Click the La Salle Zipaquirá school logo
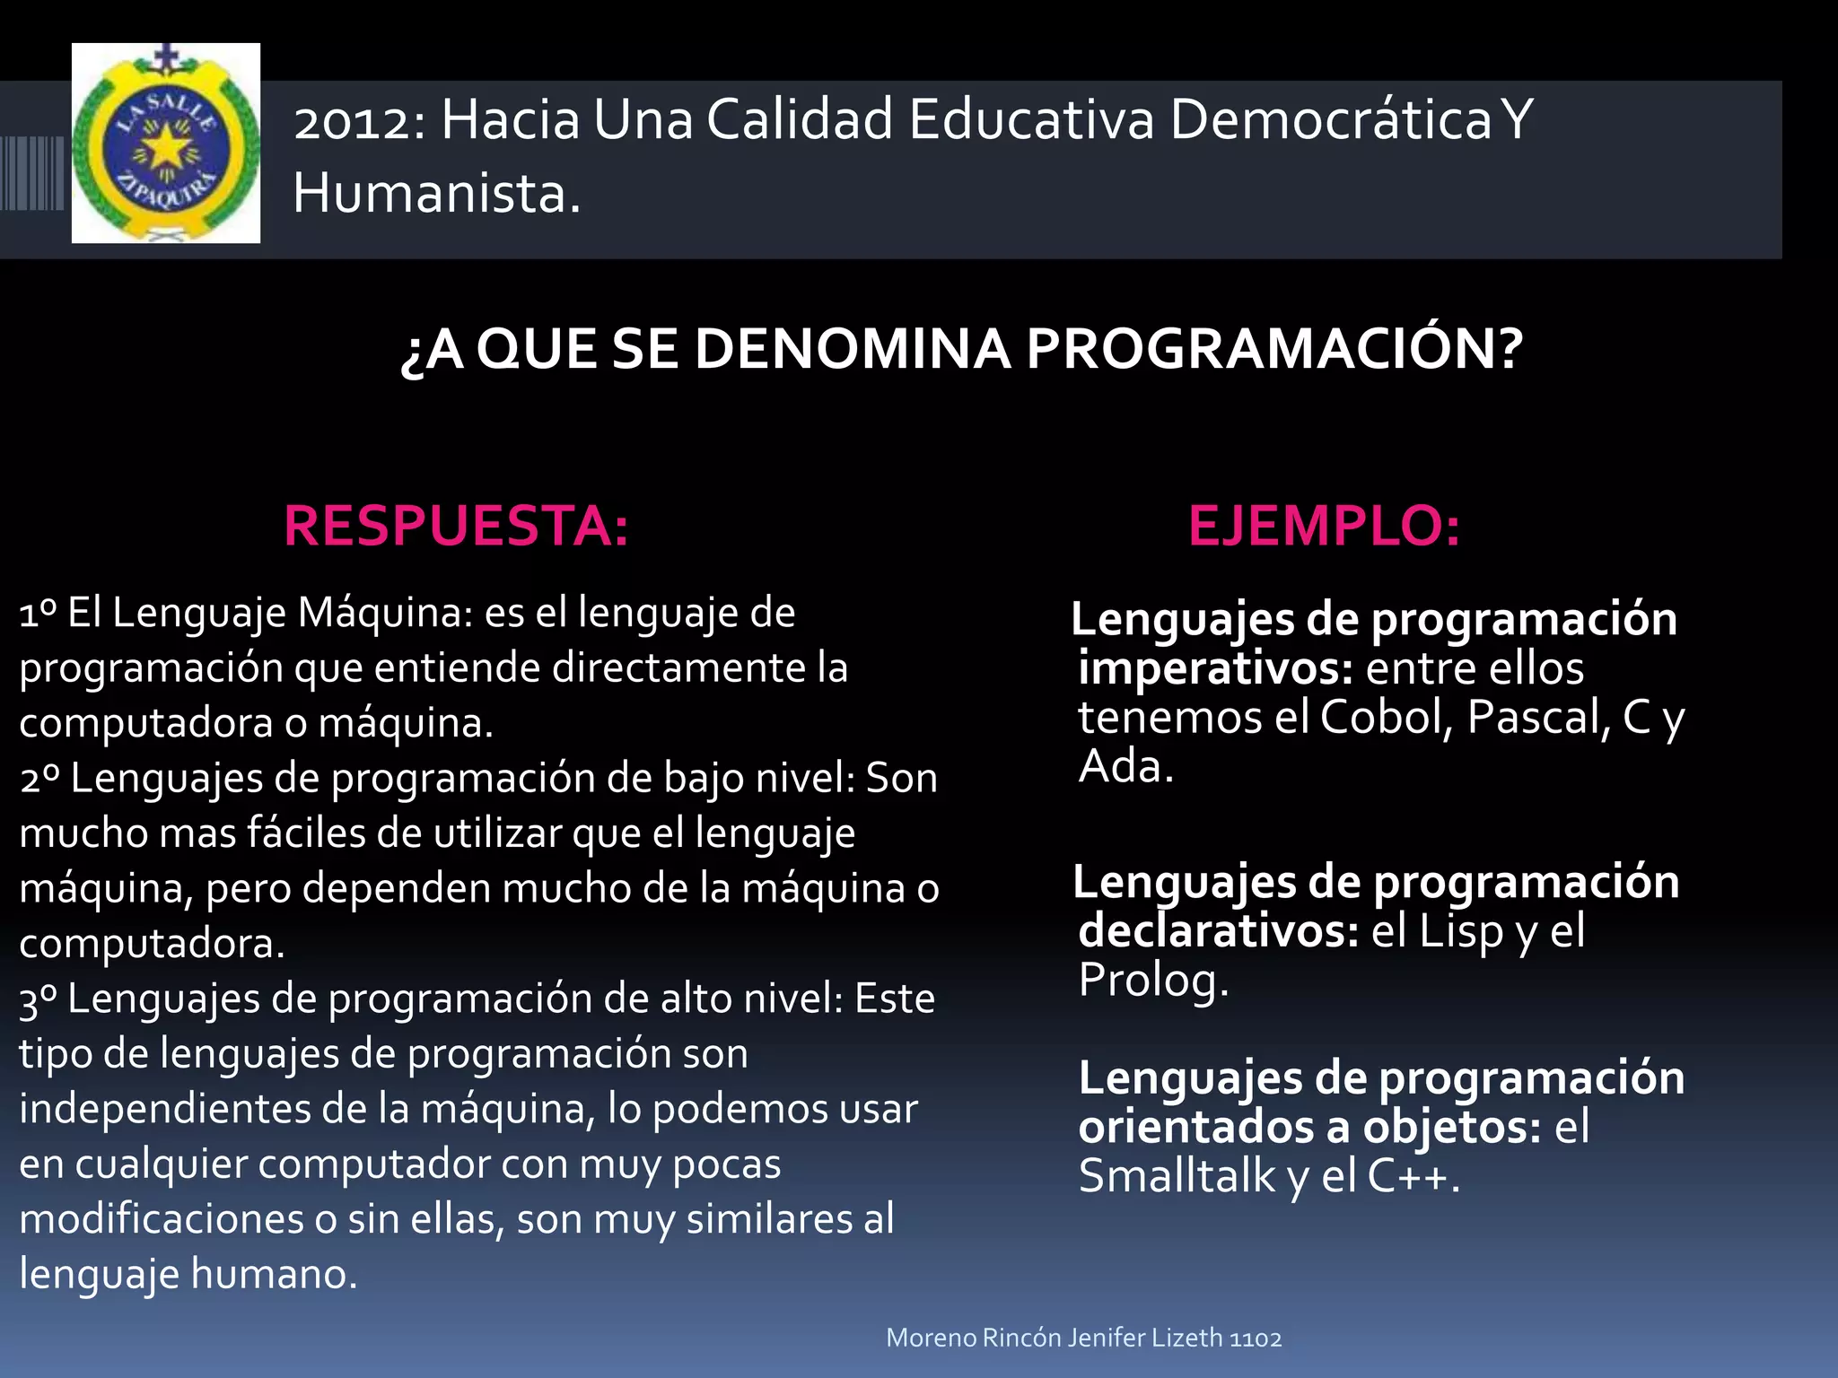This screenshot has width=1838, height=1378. [x=166, y=144]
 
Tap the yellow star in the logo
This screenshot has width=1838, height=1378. [x=166, y=146]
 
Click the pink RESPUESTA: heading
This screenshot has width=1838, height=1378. [x=456, y=526]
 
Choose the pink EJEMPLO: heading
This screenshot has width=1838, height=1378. [x=1324, y=526]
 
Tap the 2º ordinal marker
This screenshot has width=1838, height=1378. [x=39, y=779]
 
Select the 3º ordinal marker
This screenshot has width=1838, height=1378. [x=39, y=999]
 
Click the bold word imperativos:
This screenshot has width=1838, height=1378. [x=1215, y=669]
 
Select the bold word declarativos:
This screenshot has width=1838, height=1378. [x=1218, y=931]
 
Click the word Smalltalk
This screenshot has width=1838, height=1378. [x=1177, y=1176]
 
